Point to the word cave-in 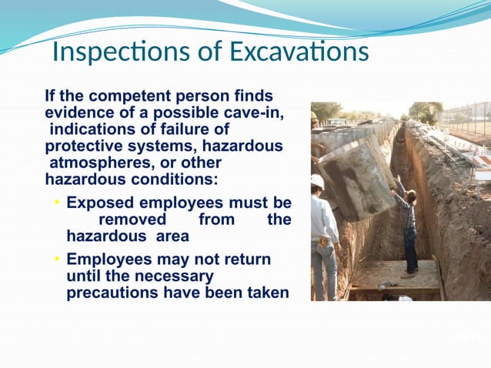(x=248, y=113)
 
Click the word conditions (x=167, y=180)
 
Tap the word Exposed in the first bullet (x=100, y=203)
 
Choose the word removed (x=133, y=219)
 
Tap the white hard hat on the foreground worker (x=317, y=181)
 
